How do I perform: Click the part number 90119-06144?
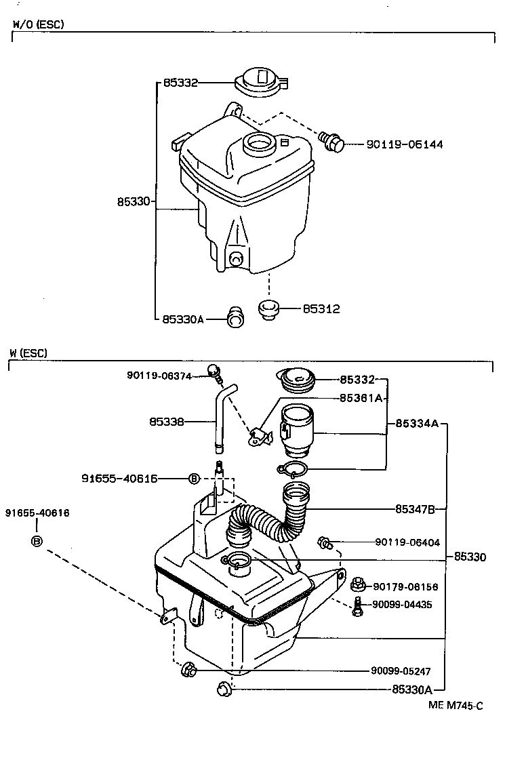click(405, 144)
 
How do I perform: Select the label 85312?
click(321, 309)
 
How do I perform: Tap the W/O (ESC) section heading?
click(39, 24)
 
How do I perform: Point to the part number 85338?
click(166, 422)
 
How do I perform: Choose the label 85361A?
click(361, 399)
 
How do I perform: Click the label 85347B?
click(419, 508)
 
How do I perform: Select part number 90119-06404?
click(407, 542)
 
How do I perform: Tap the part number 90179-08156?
click(405, 587)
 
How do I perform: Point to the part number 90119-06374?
click(159, 376)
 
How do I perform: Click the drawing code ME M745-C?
click(456, 705)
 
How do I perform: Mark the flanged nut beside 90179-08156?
click(359, 584)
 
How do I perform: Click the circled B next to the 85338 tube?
click(194, 479)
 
